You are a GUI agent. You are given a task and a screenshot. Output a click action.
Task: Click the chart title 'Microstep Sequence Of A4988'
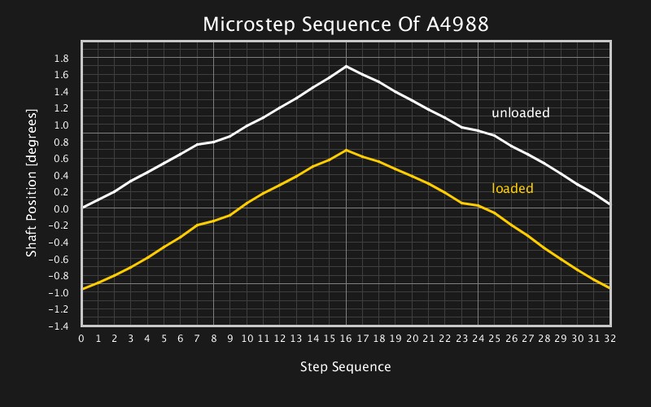pos(345,24)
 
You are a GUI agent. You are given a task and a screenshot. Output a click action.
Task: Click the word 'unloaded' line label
pos(520,112)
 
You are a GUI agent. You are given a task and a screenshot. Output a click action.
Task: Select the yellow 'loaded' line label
pos(512,188)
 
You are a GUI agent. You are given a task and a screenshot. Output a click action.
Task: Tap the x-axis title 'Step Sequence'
pos(345,366)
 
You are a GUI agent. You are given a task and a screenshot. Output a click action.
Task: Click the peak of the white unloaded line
pos(347,66)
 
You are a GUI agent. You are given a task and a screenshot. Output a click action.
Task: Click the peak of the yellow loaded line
pos(347,150)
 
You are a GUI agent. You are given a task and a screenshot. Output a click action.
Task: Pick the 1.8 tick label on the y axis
pos(61,58)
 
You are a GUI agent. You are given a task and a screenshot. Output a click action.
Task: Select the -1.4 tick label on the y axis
pos(59,326)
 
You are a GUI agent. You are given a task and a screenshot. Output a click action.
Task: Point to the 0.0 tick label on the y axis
pos(61,208)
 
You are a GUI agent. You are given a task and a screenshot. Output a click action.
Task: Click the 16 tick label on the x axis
pos(347,338)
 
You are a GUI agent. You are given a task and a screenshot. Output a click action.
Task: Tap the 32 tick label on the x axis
pos(610,338)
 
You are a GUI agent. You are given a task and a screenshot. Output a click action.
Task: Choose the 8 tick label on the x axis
pos(214,338)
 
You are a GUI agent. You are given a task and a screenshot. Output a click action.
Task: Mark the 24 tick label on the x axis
pos(478,338)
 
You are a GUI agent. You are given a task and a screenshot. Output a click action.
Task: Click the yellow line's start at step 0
pos(83,288)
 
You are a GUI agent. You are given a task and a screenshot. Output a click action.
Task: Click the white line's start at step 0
pos(83,208)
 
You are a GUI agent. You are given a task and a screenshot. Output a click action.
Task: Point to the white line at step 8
pos(214,142)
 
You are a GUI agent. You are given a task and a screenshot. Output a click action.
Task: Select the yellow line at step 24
pos(478,205)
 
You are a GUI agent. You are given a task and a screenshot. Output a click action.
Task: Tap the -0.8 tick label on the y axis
pos(59,275)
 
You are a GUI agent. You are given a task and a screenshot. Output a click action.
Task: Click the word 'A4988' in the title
pos(458,24)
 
